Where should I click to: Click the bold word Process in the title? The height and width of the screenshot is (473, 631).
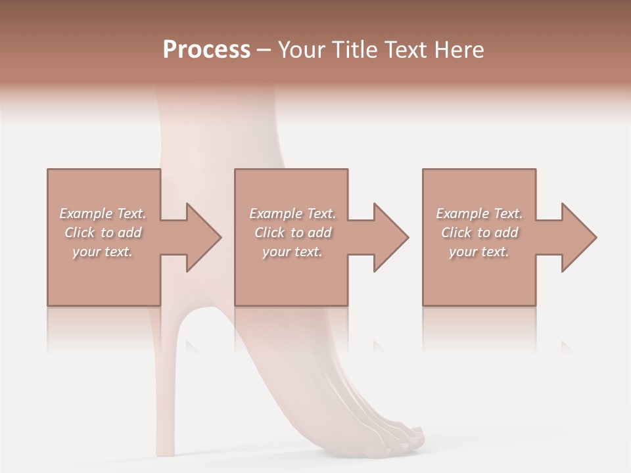(206, 50)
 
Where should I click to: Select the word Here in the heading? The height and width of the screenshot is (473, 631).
(458, 50)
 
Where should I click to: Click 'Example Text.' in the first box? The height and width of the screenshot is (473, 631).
(103, 214)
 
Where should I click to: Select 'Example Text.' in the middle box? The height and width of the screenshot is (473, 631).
(292, 214)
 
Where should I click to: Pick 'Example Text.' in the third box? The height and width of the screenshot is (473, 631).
(479, 214)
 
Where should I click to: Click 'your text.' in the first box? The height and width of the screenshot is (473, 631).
(103, 252)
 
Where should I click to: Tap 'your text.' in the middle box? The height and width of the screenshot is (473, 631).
(292, 252)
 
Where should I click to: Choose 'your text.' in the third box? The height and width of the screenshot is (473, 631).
(479, 252)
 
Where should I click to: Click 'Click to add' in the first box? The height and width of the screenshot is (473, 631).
(103, 233)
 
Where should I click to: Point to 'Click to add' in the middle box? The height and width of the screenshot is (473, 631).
(292, 233)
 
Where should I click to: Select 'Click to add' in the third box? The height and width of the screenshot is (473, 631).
(479, 233)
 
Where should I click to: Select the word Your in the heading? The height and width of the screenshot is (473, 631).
(300, 50)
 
